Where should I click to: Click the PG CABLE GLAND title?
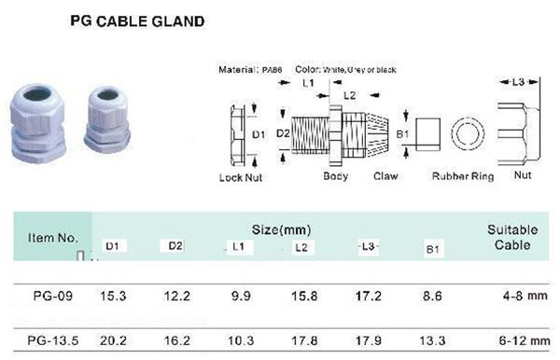[x=137, y=18]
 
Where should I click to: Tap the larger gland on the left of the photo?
[x=35, y=126]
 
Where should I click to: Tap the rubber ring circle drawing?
[x=466, y=133]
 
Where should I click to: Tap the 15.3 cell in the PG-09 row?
[x=114, y=296]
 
